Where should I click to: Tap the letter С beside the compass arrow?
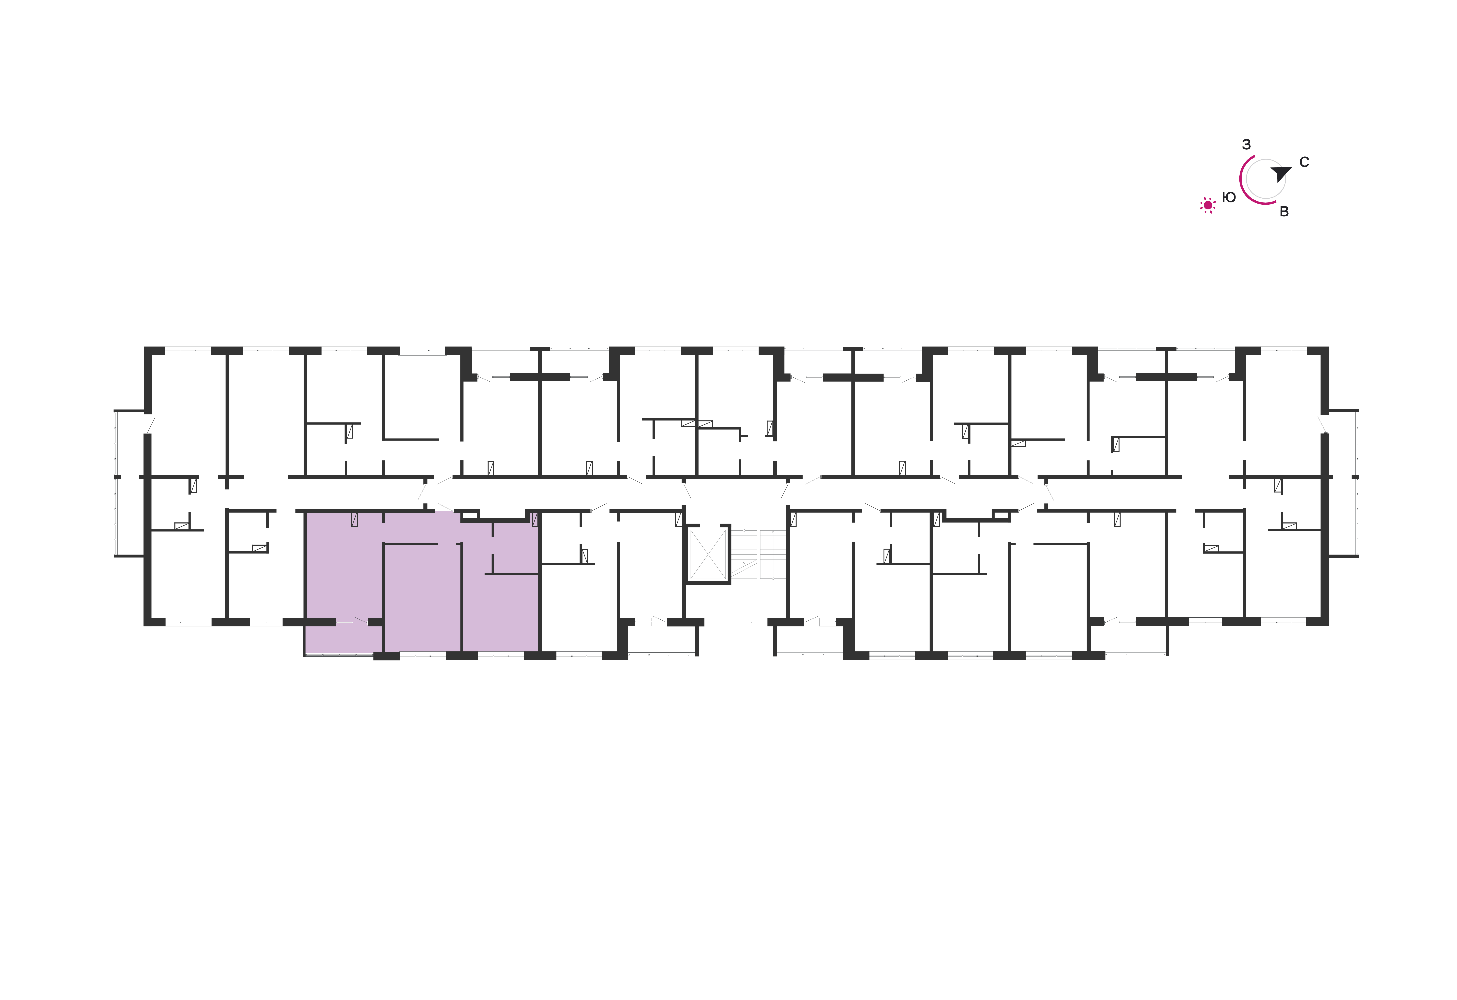click(1304, 162)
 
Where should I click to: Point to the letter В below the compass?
click(1284, 212)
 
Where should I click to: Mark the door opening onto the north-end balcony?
click(1323, 424)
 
